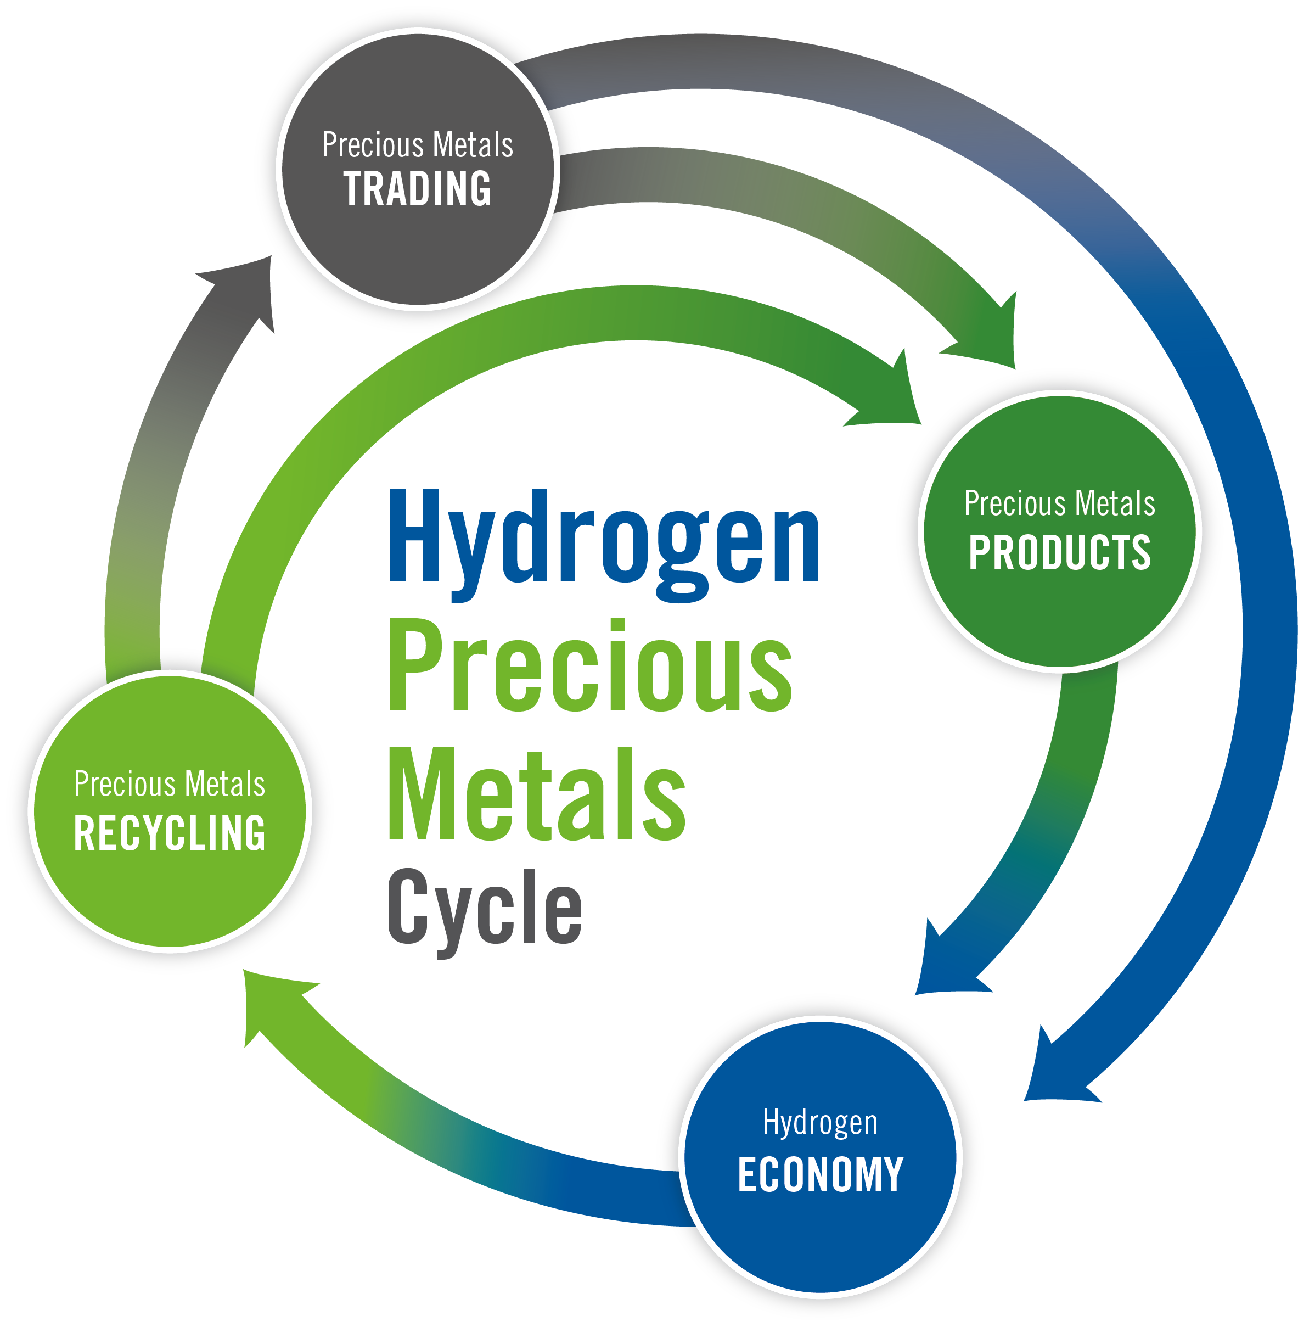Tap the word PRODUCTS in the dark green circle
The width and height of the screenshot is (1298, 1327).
1059,552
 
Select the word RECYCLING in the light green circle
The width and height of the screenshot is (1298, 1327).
170,833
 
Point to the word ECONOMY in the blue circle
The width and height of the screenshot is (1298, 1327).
821,1174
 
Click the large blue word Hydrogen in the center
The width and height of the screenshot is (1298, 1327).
604,546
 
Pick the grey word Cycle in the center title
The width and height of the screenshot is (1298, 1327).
485,912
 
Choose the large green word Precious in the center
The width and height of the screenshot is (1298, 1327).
591,665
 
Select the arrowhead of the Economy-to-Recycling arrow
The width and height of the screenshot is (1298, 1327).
276,1006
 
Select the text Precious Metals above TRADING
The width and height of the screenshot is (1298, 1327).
417,144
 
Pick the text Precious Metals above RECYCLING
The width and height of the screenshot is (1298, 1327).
170,783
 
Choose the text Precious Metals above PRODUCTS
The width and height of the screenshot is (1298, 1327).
1059,503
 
